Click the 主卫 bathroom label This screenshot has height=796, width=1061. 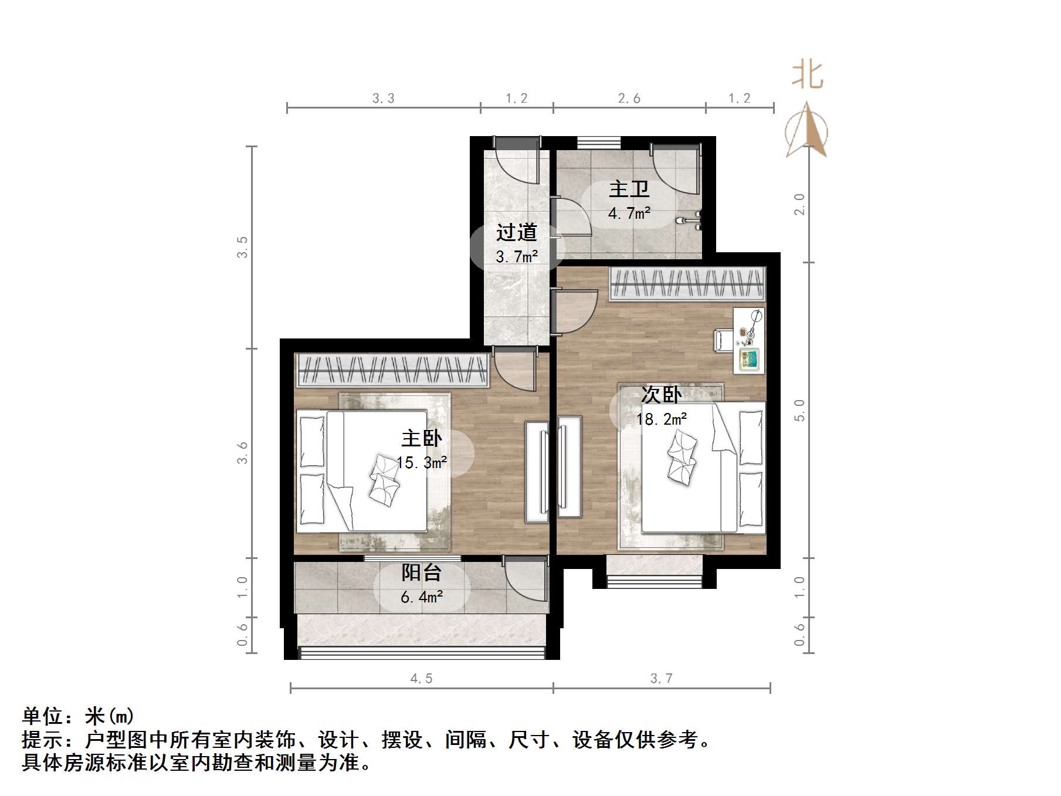[629, 189]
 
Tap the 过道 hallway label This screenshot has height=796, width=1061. [516, 233]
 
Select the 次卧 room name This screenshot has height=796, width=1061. [661, 395]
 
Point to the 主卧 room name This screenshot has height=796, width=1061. [422, 438]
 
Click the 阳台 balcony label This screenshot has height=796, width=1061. [422, 573]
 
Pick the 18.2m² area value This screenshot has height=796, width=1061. [662, 419]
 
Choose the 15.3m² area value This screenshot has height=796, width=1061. [422, 463]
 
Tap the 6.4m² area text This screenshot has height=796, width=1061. [422, 597]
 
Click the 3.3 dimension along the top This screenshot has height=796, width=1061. [384, 99]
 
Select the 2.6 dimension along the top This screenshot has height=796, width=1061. [629, 99]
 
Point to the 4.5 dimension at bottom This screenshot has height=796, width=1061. [422, 679]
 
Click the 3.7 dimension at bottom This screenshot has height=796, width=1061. [662, 679]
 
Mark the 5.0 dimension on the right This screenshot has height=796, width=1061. [799, 410]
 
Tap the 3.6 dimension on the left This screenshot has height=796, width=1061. [243, 453]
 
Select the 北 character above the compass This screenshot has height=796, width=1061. [808, 76]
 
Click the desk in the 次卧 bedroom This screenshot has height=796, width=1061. [749, 340]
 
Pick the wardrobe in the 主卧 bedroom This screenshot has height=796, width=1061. [392, 370]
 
